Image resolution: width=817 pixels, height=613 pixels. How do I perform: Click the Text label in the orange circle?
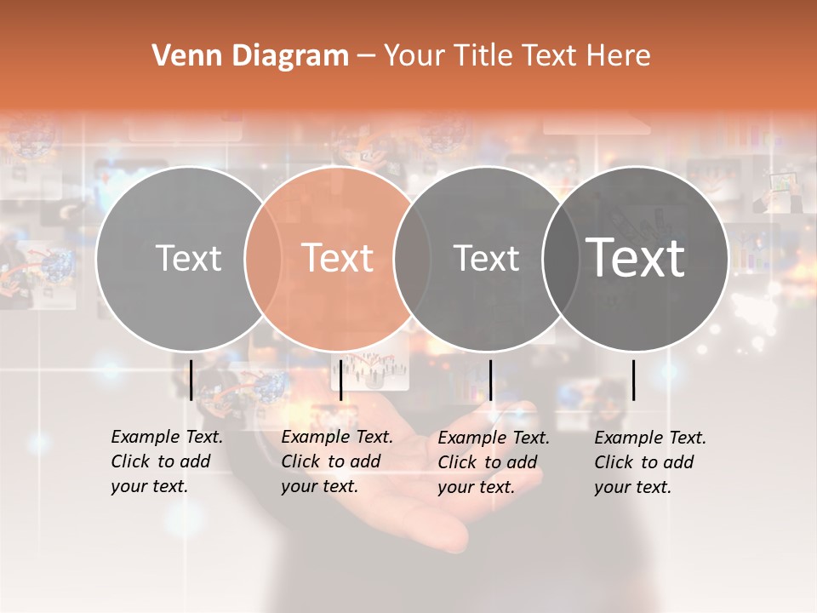click(338, 258)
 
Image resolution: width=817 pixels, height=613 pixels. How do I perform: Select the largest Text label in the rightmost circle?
click(636, 257)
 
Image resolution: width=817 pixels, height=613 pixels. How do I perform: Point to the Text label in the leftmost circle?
click(188, 258)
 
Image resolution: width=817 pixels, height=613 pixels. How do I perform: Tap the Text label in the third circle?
click(486, 258)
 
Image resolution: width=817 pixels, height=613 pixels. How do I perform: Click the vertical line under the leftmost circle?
click(191, 380)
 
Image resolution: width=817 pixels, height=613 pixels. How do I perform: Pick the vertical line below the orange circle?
click(340, 380)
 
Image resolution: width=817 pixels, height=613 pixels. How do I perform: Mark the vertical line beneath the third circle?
click(491, 380)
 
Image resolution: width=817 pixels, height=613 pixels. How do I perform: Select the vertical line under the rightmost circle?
click(634, 380)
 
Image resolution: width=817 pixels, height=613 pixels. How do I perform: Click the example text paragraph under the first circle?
click(167, 461)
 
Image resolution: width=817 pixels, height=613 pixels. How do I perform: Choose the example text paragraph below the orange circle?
click(337, 461)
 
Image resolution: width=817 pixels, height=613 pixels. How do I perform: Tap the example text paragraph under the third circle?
click(494, 462)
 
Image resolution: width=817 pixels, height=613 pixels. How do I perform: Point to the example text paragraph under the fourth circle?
click(650, 462)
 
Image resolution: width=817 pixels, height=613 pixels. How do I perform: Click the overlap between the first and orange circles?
click(263, 258)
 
